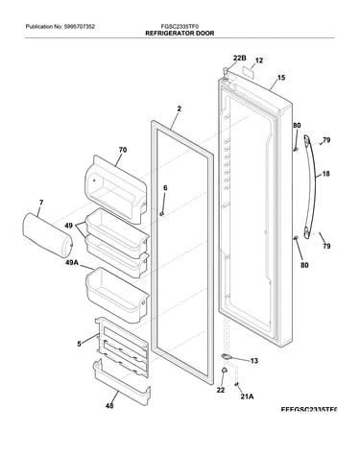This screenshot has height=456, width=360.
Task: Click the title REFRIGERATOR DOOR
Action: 180,33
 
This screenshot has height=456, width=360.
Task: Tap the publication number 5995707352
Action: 80,27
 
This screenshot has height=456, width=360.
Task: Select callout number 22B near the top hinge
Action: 239,58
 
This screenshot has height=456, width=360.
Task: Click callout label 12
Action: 259,60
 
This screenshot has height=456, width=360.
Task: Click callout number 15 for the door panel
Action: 281,78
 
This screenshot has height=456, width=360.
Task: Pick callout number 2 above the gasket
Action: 180,108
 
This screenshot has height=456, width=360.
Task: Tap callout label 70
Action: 123,150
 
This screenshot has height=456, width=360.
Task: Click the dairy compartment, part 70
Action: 116,189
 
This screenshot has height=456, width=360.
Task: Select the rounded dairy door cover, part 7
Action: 47,233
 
